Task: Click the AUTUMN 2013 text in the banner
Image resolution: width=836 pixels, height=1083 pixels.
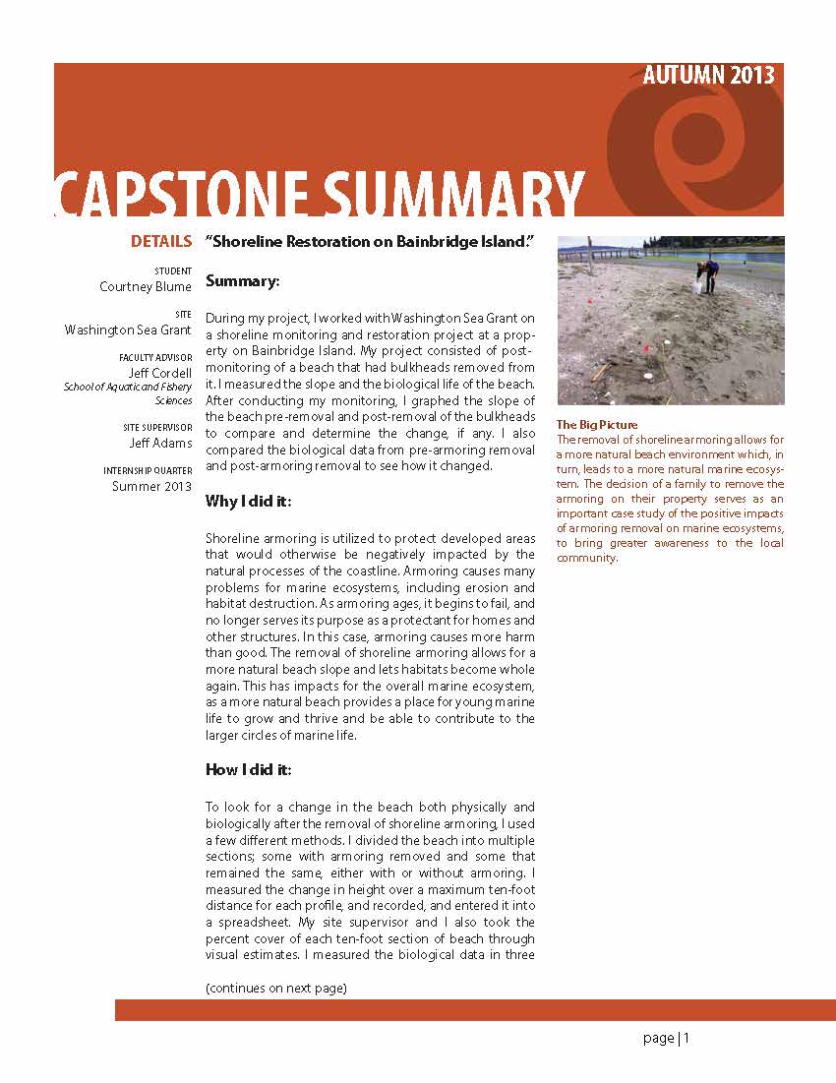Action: [708, 76]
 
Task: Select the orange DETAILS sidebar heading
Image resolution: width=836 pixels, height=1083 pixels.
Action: [161, 241]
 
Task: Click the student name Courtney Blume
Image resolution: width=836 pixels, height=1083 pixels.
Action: [146, 287]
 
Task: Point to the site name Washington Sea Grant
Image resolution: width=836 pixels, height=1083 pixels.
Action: [128, 331]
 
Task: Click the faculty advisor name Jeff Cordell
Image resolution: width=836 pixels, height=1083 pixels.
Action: [159, 374]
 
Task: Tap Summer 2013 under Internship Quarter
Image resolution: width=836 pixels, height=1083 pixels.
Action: [151, 486]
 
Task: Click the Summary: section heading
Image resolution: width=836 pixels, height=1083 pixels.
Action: [243, 281]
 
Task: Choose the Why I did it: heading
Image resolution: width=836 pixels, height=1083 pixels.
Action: [248, 502]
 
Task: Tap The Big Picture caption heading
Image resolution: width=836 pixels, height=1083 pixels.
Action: [597, 425]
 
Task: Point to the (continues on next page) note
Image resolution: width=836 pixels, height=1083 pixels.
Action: [276, 988]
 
